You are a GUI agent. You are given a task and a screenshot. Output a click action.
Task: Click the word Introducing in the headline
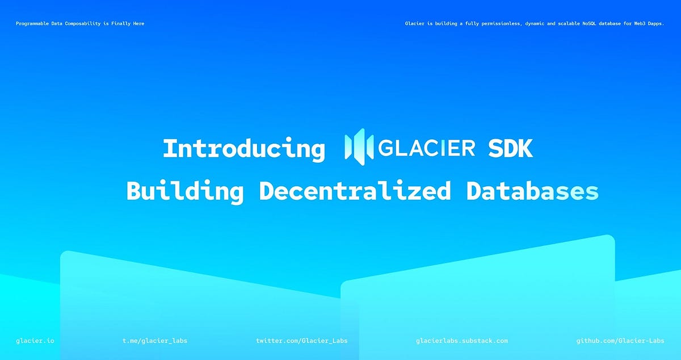243,149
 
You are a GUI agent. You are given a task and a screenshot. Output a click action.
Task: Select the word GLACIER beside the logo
426,148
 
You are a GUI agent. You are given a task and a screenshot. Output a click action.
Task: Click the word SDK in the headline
510,149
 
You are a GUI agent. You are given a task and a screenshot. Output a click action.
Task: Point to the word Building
185,191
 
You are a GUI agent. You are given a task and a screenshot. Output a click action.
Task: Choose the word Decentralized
355,191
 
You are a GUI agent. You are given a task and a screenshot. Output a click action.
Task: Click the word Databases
532,191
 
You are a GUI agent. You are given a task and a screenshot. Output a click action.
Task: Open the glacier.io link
35,341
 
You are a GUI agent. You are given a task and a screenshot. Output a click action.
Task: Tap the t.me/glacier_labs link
155,341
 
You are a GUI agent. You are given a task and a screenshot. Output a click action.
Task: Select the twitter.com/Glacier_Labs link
302,341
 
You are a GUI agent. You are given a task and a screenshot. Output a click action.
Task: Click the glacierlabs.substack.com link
462,341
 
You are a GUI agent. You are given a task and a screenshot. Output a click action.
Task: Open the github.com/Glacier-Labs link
620,341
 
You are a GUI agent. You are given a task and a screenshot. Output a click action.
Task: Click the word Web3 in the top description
634,24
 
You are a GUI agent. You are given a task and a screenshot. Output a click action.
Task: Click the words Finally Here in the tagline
128,24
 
